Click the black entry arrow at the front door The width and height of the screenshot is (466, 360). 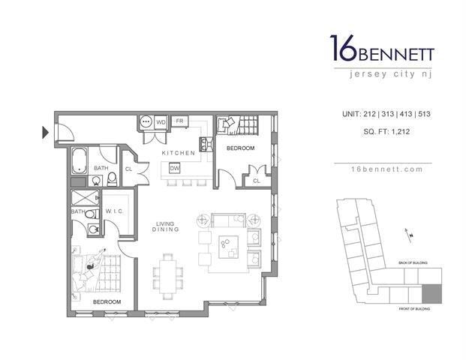pyautogui.click(x=46, y=134)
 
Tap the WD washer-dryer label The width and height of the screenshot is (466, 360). pyautogui.click(x=161, y=121)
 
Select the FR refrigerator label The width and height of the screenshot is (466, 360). pyautogui.click(x=180, y=121)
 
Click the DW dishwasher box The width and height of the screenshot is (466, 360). pyautogui.click(x=174, y=168)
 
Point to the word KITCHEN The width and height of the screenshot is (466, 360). pyautogui.click(x=179, y=153)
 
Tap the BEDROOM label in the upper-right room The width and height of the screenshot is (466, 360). pyautogui.click(x=241, y=148)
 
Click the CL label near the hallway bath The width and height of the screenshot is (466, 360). pyautogui.click(x=128, y=169)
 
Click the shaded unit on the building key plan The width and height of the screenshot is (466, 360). pyautogui.click(x=431, y=294)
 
